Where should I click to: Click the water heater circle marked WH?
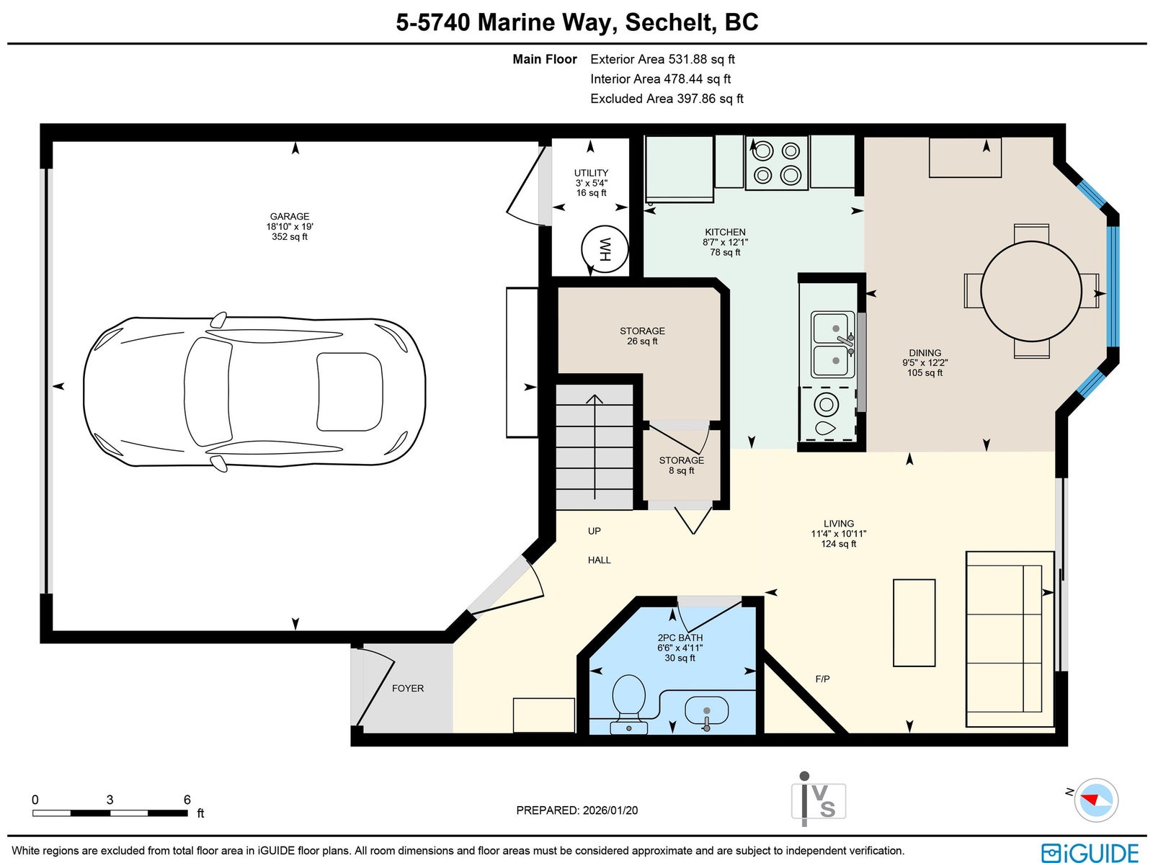605,249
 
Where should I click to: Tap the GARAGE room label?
290,216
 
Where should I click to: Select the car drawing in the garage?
254,394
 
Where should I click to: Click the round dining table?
1031,290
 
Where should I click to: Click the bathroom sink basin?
706,711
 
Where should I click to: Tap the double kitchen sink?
832,344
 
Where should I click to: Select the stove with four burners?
776,162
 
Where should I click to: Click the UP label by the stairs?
594,531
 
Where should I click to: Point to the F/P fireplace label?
823,679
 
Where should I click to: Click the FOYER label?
408,688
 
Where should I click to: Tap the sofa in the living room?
1010,639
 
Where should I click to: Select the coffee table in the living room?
914,622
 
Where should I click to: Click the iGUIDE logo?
1090,851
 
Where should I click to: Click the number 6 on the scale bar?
187,800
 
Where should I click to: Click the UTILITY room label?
591,173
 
